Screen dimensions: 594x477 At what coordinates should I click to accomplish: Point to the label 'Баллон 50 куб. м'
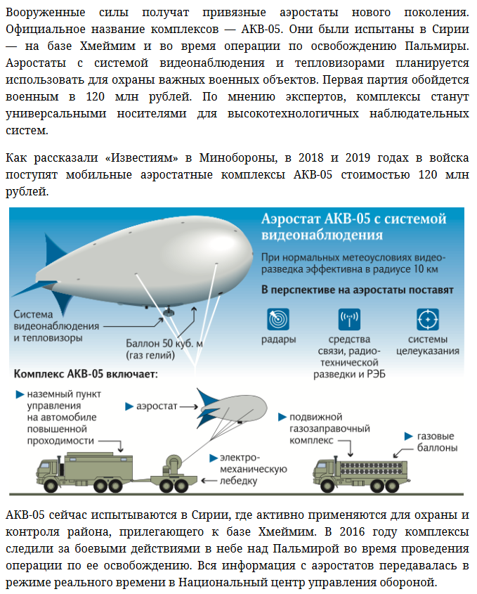164,344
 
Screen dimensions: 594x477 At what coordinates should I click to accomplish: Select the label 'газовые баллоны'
436,441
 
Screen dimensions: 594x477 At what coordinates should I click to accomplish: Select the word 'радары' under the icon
278,339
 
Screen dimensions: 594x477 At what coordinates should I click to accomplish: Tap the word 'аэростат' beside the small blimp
156,406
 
